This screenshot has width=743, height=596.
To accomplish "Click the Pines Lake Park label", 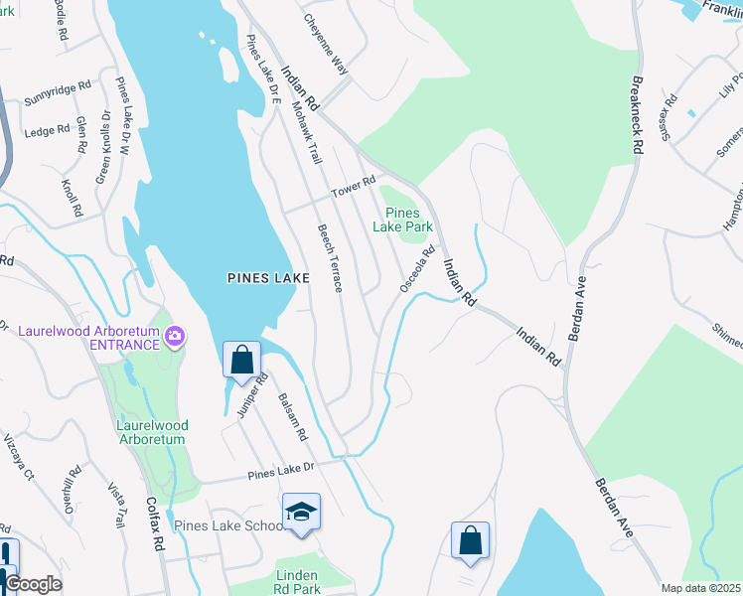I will pyautogui.click(x=402, y=220).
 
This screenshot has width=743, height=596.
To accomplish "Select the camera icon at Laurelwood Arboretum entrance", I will pyautogui.click(x=175, y=337).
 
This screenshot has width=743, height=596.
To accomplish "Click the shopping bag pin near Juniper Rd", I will pyautogui.click(x=242, y=361).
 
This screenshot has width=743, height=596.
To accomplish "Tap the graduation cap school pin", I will pyautogui.click(x=301, y=513).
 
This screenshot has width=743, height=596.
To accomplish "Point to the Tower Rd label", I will pyautogui.click(x=355, y=184).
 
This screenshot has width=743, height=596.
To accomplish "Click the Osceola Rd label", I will pyautogui.click(x=417, y=268).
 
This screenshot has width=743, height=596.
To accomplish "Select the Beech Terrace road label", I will pyautogui.click(x=330, y=256).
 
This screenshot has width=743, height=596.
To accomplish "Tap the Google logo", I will pyautogui.click(x=33, y=584).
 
